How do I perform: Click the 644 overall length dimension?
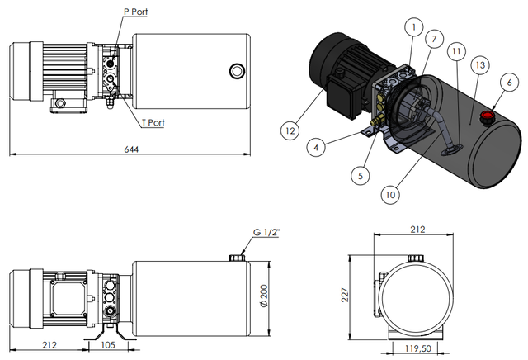[x=131, y=149]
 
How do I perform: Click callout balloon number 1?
[x=410, y=27]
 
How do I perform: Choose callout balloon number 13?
[x=479, y=64]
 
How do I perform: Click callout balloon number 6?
[x=509, y=82]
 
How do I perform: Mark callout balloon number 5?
[x=358, y=175]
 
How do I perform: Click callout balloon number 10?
[x=392, y=194]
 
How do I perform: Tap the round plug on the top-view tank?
[x=237, y=69]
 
